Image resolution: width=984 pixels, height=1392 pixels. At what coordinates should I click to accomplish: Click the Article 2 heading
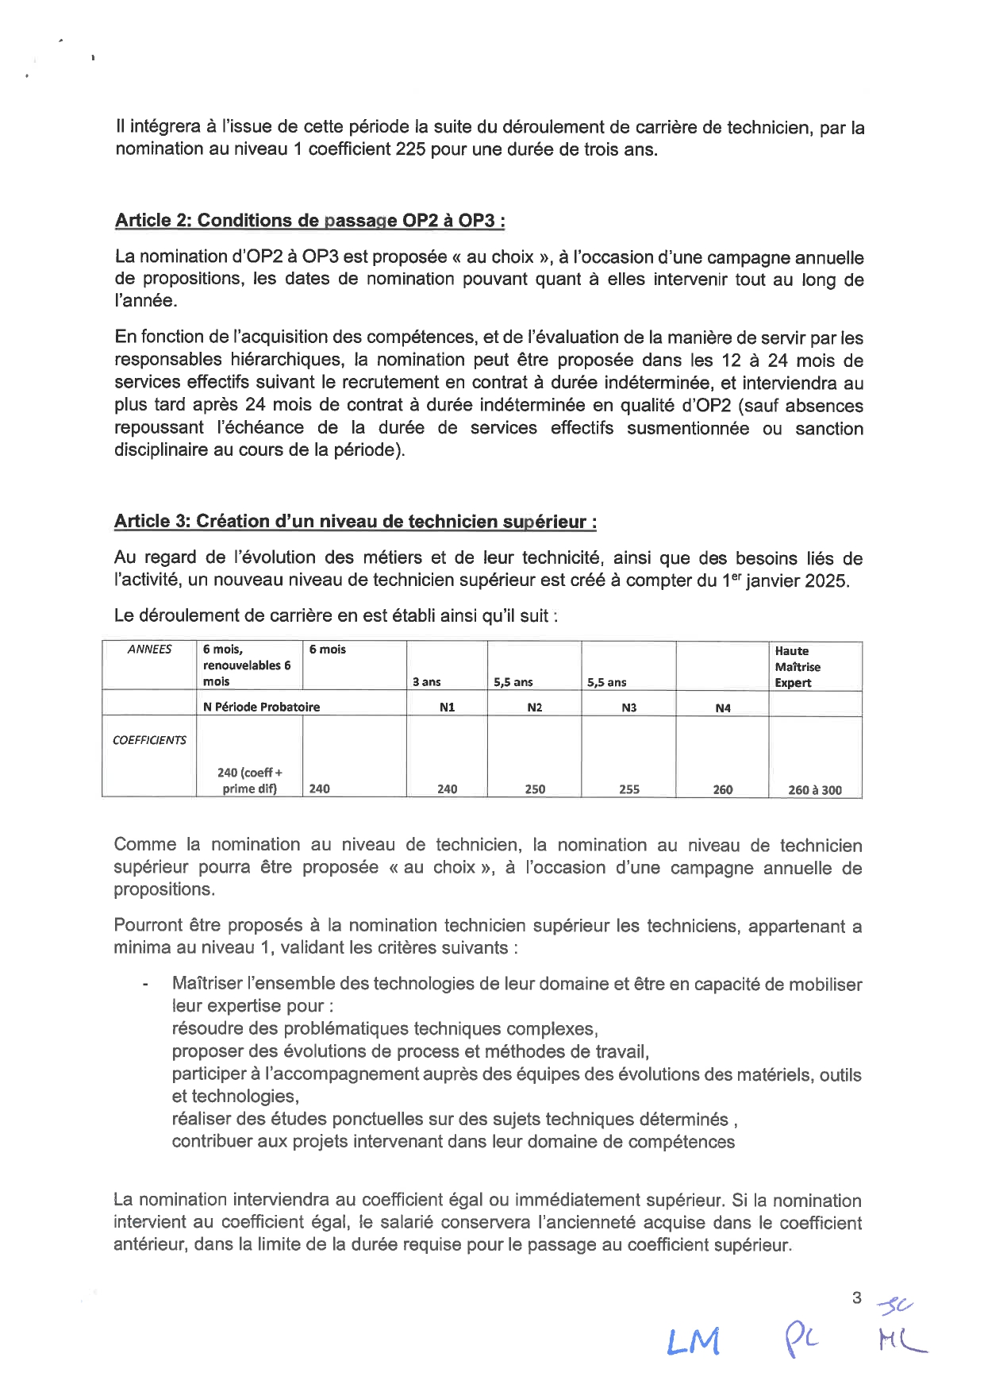[309, 221]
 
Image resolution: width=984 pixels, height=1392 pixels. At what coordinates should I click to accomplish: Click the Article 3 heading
[355, 522]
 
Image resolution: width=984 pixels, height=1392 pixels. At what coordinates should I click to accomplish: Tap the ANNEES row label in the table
[149, 650]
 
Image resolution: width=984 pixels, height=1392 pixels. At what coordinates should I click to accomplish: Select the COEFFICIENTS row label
[149, 740]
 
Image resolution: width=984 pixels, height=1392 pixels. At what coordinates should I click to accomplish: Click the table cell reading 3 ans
[427, 682]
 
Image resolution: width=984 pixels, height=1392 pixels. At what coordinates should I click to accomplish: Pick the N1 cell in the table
[447, 708]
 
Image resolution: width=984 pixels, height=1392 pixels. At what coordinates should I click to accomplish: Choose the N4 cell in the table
[722, 708]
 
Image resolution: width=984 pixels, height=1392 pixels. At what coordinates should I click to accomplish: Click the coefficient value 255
[628, 789]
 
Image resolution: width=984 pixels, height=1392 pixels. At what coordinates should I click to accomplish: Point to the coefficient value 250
[535, 789]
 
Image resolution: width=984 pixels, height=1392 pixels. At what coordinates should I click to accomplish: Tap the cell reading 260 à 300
[815, 790]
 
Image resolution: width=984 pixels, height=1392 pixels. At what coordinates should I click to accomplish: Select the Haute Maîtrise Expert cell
[798, 667]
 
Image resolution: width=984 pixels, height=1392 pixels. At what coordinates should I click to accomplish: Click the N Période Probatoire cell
[261, 707]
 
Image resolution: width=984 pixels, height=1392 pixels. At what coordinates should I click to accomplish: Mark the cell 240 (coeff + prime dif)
[249, 781]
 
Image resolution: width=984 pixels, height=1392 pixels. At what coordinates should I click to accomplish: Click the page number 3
[856, 1298]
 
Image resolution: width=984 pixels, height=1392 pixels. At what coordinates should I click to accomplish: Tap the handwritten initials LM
[694, 1340]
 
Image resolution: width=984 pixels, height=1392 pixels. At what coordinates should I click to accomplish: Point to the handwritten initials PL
[801, 1339]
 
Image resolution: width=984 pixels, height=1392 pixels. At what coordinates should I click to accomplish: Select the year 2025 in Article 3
[826, 580]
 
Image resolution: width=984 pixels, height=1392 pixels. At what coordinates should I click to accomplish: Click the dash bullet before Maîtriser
[145, 985]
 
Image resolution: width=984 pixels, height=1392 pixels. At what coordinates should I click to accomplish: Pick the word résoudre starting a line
[208, 1029]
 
